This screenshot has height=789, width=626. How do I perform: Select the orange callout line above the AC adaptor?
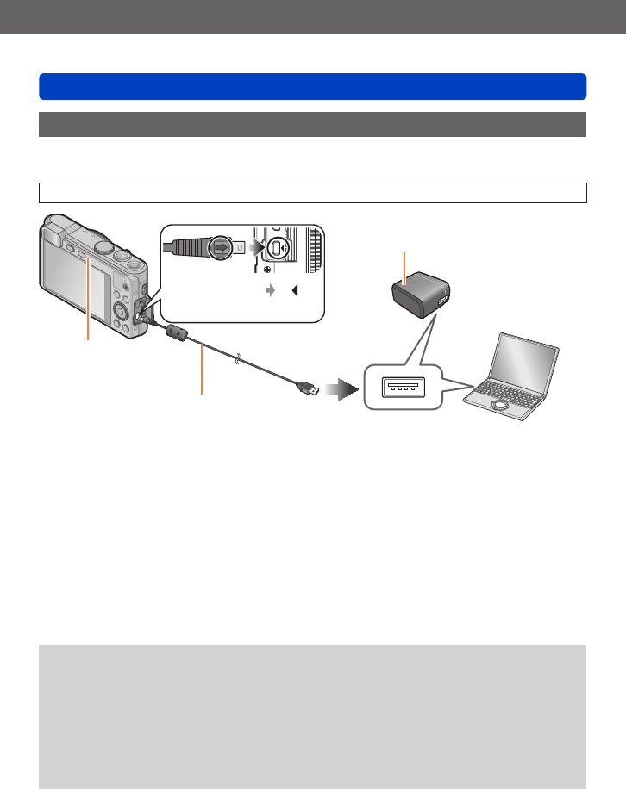(x=405, y=264)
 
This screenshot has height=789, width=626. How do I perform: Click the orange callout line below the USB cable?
(x=202, y=370)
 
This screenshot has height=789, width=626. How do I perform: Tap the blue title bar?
(x=312, y=87)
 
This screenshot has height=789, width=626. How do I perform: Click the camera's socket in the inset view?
(x=274, y=249)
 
